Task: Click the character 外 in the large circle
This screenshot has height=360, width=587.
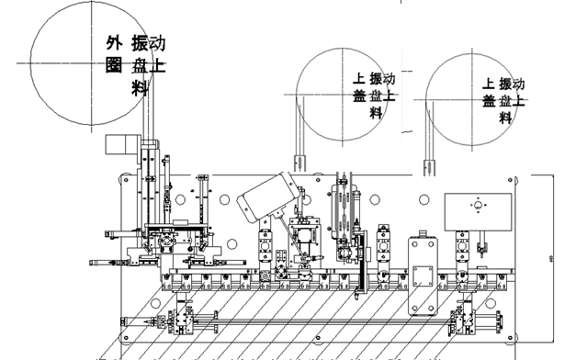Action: [x=114, y=43]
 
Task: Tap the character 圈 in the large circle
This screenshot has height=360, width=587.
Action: [x=114, y=64]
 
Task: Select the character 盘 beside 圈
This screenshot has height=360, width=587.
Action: [x=139, y=64]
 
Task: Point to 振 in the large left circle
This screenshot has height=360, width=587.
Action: [x=139, y=43]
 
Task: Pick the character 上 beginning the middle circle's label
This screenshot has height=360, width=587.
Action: [x=359, y=80]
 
